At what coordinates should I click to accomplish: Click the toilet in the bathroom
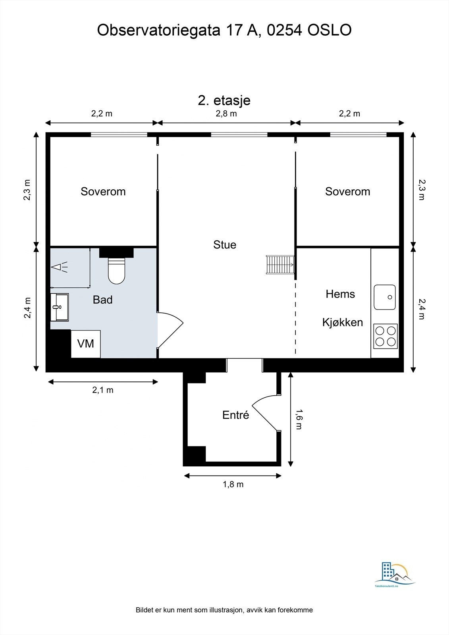coord(116,271)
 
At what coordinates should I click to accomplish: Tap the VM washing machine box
coord(86,344)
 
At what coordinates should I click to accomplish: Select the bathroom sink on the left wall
coord(60,307)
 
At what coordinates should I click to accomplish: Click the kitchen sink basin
coord(385,297)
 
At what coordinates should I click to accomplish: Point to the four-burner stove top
coord(385,336)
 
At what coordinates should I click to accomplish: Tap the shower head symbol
coord(59,267)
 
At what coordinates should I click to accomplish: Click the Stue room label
coord(225,244)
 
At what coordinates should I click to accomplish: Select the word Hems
coord(340,294)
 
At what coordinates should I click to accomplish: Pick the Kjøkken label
coord(342,322)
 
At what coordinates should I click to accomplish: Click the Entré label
coord(235,415)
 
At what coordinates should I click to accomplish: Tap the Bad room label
coord(103,300)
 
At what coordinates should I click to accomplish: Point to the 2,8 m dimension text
coord(226,114)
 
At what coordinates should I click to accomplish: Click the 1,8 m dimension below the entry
coord(233,484)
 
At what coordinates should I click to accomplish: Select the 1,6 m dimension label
coord(299,419)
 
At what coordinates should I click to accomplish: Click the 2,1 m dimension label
coord(103,390)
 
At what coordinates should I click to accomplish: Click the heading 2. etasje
coord(224,100)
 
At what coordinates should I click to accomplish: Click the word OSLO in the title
coord(330,30)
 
